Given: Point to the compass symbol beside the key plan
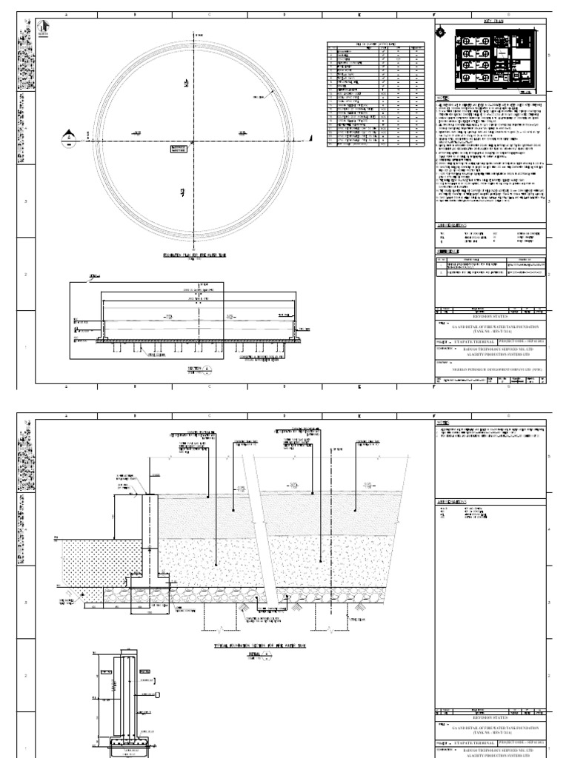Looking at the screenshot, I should pyautogui.click(x=442, y=33).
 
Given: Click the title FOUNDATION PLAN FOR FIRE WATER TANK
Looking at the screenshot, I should pyautogui.click(x=194, y=254).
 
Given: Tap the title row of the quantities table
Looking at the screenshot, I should pyautogui.click(x=376, y=44).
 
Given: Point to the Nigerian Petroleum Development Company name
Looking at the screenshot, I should pyautogui.click(x=490, y=366).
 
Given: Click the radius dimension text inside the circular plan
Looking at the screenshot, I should pyautogui.click(x=259, y=97).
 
